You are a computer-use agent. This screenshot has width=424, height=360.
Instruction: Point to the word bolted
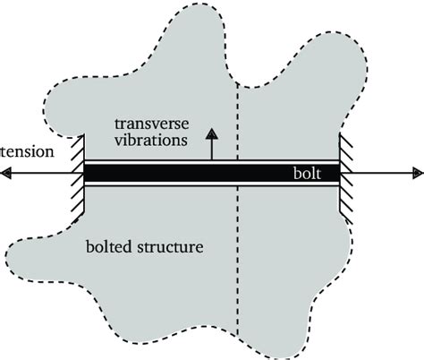point(107,244)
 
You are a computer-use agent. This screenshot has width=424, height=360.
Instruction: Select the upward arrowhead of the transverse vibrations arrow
point(212,133)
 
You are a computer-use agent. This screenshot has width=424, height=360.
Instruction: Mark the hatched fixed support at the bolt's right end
point(344,174)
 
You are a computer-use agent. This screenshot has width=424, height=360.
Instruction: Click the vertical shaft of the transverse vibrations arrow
point(212,150)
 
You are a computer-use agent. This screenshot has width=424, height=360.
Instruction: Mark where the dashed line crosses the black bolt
point(237,174)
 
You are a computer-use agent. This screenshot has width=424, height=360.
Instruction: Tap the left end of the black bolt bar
point(88,174)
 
